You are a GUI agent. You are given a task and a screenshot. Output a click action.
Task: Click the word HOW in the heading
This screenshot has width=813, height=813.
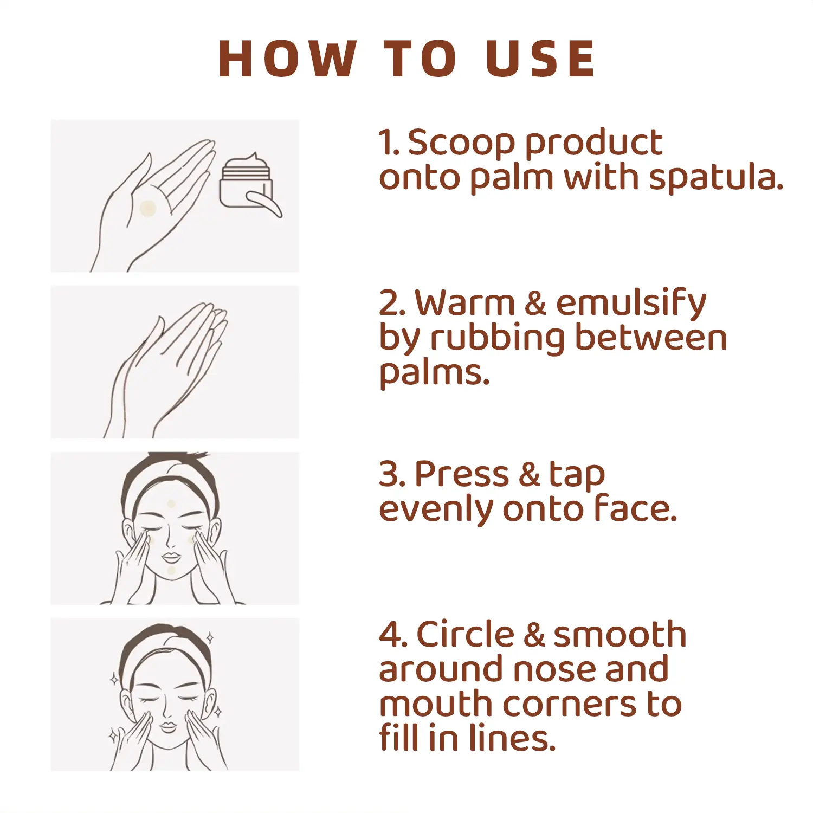288,59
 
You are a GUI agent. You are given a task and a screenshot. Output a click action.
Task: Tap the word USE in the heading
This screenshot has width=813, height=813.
540,59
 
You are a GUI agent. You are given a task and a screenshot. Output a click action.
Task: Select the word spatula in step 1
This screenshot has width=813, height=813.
716,178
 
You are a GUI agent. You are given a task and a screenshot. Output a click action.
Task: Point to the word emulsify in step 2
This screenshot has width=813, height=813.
631,304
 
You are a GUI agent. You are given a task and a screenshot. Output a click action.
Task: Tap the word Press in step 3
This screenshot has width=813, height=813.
462,474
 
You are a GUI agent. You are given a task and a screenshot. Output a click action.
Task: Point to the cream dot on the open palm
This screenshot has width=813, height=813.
148,208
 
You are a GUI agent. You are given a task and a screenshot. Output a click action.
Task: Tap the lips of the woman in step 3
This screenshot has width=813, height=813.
171,557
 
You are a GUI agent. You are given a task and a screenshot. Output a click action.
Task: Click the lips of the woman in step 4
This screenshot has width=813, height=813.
168,726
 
